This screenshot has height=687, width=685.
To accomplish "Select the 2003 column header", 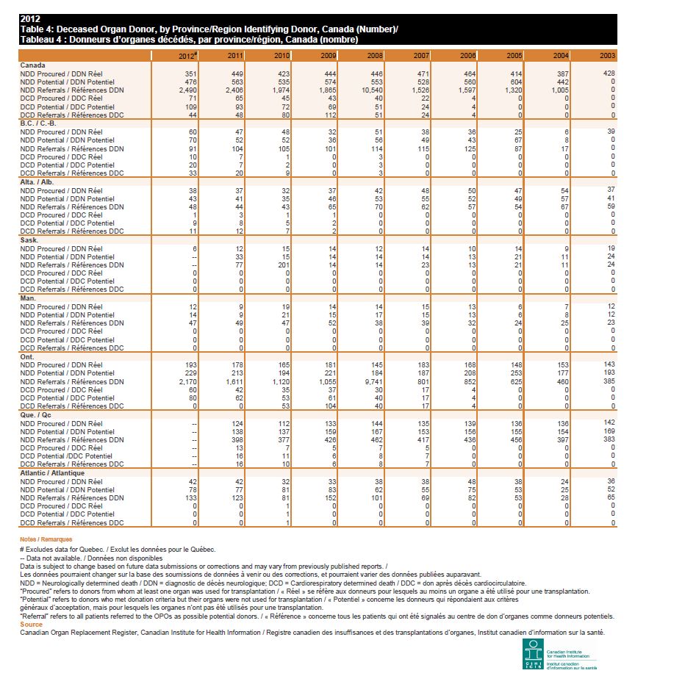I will click(x=607, y=56).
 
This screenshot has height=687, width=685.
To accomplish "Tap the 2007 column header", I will click(x=421, y=56).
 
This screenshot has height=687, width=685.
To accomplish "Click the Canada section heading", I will click(x=32, y=65).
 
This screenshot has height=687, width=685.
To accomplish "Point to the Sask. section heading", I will click(x=29, y=240).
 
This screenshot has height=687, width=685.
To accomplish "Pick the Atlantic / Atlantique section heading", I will click(x=52, y=473).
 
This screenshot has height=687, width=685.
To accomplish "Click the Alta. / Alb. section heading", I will click(x=37, y=181).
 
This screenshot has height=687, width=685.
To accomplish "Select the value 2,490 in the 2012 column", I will click(x=189, y=90).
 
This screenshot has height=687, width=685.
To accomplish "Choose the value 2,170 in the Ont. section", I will click(x=189, y=381).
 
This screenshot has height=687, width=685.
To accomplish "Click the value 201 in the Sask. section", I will click(x=283, y=265).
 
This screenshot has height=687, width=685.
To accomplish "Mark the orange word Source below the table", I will click(x=32, y=625).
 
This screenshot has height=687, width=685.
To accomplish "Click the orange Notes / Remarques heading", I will click(x=46, y=539).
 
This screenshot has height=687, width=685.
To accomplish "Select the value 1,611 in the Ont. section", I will click(x=234, y=381).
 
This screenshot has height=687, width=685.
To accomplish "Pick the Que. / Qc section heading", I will click(x=36, y=415).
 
